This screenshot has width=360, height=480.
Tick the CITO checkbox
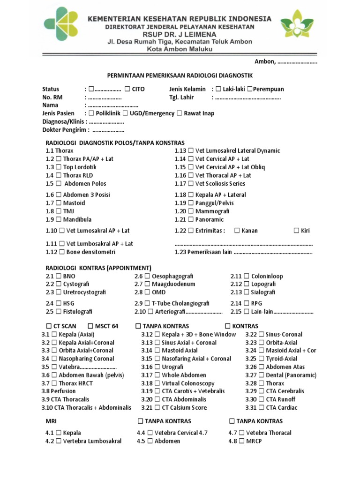pyautogui.click(x=127, y=89)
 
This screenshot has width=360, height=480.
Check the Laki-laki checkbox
pyautogui.click(x=218, y=89)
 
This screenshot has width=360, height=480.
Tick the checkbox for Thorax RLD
pyautogui.click(x=59, y=175)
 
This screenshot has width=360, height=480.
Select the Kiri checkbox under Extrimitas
pyautogui.click(x=296, y=231)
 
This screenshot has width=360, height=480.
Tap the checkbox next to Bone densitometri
pyautogui.click(x=62, y=252)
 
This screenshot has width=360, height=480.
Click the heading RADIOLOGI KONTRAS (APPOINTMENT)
pyautogui.click(x=98, y=268)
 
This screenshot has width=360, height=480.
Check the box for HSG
pyautogui.click(x=59, y=303)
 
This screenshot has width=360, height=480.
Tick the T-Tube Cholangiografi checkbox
pyautogui.click(x=148, y=303)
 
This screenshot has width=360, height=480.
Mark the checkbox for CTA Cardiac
pyautogui.click(x=261, y=407)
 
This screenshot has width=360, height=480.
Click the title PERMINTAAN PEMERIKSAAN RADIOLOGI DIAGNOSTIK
pyautogui.click(x=180, y=75)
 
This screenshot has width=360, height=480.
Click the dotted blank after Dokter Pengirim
pyautogui.click(x=108, y=130)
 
